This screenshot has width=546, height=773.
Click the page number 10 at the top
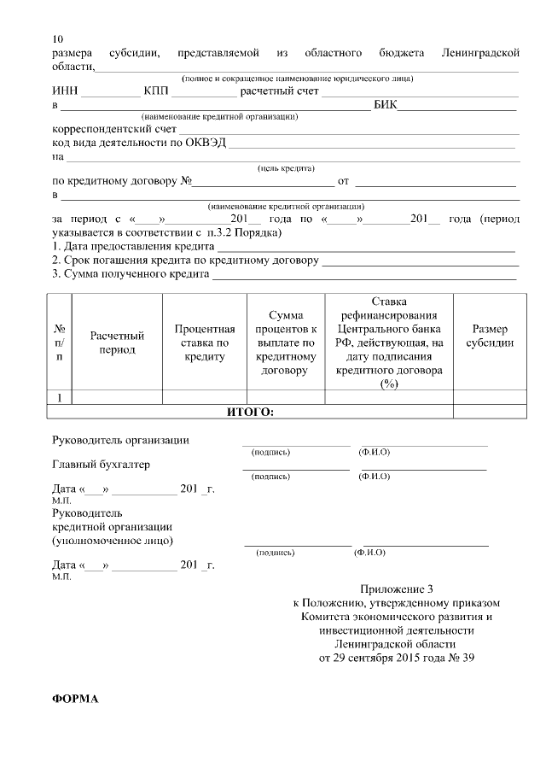click(57, 39)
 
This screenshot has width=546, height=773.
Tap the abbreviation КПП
click(157, 91)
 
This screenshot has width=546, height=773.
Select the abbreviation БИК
click(385, 106)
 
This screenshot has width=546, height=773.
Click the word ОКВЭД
click(206, 143)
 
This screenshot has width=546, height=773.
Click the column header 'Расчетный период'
click(117, 343)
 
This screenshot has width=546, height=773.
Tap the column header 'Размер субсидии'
click(490, 336)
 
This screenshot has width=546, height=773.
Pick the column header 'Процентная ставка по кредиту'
click(204, 343)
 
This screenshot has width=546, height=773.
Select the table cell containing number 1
click(59, 397)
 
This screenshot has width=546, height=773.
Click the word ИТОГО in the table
click(250, 412)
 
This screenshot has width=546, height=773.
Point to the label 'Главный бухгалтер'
click(101, 466)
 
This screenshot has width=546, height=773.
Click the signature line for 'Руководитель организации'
click(295, 444)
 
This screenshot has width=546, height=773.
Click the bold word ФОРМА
click(75, 699)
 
